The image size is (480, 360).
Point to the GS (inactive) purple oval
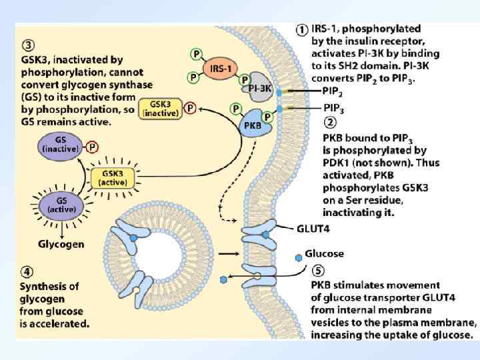point(61,145)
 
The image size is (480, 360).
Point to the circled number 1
point(301,30)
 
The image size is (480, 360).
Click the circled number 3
point(27,47)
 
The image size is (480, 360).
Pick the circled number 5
point(319,271)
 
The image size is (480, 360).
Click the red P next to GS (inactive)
point(92,147)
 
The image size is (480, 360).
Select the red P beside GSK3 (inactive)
point(191,107)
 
